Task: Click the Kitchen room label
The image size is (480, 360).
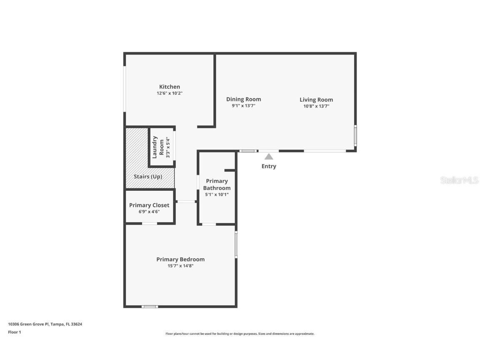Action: (170, 87)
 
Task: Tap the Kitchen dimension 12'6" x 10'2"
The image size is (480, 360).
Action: (170, 93)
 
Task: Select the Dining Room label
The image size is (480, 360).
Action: (244, 99)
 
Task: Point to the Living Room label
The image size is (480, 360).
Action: (316, 100)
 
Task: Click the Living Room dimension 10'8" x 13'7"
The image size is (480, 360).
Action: (316, 106)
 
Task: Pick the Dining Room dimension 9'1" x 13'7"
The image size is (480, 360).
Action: (244, 106)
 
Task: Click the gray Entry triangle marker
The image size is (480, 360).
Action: (269, 157)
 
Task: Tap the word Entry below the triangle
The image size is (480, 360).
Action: (269, 166)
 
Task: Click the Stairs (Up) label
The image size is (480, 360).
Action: (148, 177)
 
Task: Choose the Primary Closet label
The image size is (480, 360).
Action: (149, 205)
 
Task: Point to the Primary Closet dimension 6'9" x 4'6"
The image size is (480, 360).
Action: (149, 212)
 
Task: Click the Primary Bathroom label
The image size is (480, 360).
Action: (217, 185)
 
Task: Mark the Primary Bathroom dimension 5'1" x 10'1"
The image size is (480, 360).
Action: (217, 195)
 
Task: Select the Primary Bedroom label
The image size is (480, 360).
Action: (180, 259)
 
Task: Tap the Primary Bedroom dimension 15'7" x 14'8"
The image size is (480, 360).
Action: (180, 266)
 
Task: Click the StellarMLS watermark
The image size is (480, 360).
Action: (459, 180)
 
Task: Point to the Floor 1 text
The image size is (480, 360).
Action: (14, 332)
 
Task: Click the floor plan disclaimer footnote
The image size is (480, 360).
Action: (240, 334)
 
